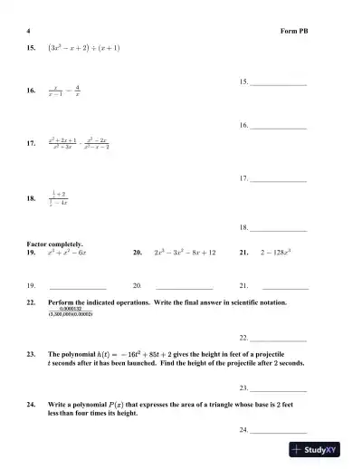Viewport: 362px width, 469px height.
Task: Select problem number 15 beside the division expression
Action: pos(32,47)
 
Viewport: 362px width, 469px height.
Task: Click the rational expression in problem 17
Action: pos(90,143)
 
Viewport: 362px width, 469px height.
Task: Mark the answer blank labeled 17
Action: pos(279,180)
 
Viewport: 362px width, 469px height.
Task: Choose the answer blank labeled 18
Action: pos(279,228)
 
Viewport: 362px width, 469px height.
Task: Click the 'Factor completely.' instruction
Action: pos(56,244)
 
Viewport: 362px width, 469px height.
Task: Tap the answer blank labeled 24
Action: pos(279,430)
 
